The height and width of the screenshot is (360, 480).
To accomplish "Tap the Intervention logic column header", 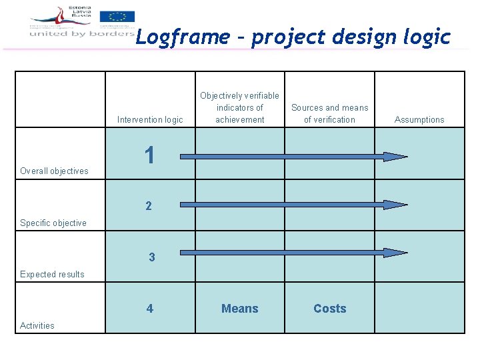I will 150,120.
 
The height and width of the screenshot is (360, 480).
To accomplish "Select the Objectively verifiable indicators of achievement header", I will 240,108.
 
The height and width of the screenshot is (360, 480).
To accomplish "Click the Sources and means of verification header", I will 329,113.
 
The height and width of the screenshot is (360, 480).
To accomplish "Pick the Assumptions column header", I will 419,120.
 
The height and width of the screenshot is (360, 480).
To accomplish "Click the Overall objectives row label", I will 54,171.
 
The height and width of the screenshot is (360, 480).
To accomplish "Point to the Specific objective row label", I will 53,223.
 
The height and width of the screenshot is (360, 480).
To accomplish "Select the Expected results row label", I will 52,275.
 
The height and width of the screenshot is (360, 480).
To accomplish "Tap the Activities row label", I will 37,326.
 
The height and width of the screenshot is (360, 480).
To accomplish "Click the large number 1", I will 150,155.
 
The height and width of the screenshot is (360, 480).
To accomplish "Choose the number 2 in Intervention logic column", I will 149,206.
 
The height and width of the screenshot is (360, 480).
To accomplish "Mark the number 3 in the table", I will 152,257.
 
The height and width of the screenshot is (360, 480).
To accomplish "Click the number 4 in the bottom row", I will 149,309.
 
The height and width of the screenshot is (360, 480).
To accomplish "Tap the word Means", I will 240,309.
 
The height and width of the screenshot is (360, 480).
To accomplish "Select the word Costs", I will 330,309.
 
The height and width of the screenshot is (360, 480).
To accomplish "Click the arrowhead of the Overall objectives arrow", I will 396,157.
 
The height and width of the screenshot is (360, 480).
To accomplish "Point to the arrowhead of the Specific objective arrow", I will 396,205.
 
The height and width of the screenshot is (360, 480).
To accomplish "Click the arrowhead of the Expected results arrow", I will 396,253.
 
